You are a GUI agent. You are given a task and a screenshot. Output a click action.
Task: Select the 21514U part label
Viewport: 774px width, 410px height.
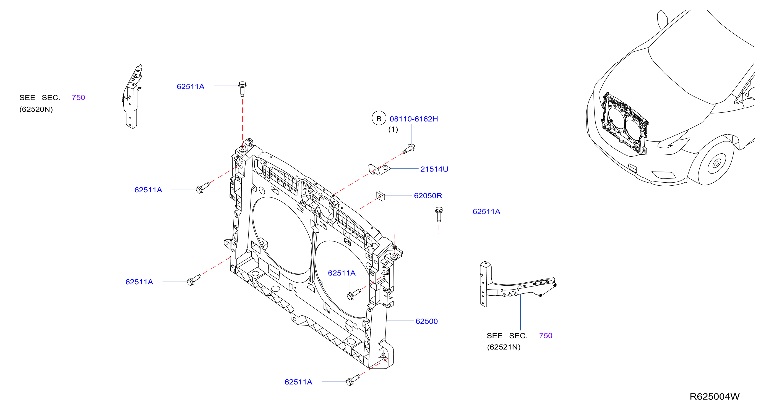(x=434, y=169)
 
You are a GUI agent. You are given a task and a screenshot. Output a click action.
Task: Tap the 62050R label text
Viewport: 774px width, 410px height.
(x=428, y=196)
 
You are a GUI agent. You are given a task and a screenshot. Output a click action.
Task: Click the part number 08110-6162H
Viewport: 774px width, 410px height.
(x=414, y=119)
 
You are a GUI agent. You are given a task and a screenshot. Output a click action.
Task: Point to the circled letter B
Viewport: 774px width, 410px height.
(x=379, y=119)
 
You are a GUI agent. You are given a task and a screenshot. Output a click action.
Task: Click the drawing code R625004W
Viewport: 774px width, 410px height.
(x=715, y=397)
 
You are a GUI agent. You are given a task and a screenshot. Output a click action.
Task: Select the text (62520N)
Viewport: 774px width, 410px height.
(x=36, y=109)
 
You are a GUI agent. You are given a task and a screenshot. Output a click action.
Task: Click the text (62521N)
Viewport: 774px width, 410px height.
(x=504, y=347)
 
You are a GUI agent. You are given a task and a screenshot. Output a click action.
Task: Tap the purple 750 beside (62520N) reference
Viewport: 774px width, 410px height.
(x=79, y=98)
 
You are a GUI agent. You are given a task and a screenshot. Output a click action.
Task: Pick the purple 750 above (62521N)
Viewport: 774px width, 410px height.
(x=546, y=336)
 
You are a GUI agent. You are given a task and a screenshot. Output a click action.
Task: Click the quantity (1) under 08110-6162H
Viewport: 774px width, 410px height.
(x=393, y=129)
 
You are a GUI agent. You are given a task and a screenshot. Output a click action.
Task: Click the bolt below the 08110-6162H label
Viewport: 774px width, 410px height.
(x=409, y=149)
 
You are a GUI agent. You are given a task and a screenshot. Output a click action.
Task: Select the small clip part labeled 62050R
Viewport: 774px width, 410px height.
(x=381, y=196)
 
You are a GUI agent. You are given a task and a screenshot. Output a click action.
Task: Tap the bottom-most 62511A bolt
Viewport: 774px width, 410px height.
(x=353, y=380)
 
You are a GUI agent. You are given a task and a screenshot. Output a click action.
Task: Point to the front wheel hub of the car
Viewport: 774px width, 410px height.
(x=716, y=164)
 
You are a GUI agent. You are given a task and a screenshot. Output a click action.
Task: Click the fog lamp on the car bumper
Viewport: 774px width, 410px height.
(x=663, y=175)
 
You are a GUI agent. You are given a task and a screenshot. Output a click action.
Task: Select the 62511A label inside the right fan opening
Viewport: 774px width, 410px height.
(x=342, y=273)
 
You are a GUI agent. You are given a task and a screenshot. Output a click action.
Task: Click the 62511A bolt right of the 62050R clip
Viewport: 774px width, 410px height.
(x=439, y=214)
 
